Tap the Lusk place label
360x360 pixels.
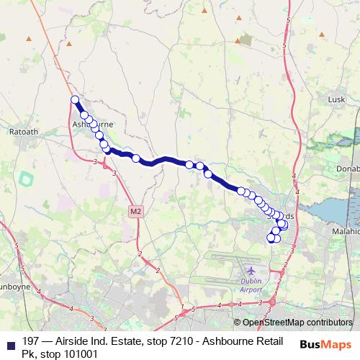click(337, 99)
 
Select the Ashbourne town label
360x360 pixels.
click(92, 124)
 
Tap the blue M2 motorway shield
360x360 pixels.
click(137, 211)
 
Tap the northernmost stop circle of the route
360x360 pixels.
click(75, 100)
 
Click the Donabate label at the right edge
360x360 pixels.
click(347, 167)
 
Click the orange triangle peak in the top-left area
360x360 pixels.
click(30, 38)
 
